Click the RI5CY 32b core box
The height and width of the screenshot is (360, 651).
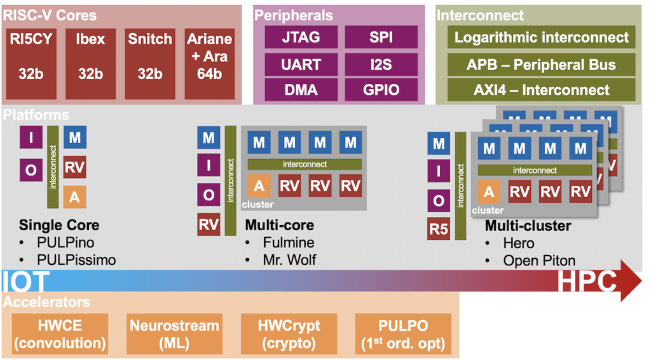click(x=31, y=64)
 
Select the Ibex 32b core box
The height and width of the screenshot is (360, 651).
click(x=90, y=64)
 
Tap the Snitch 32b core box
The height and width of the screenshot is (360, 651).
click(x=150, y=64)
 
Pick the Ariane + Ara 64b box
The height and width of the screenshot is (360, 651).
click(x=210, y=64)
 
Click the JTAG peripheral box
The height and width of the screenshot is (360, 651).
click(x=301, y=37)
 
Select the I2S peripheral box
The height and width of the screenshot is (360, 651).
click(x=381, y=64)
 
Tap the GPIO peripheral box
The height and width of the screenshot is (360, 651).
click(x=381, y=90)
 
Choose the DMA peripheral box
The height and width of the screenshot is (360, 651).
click(x=301, y=90)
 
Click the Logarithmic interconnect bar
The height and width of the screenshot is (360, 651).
click(x=542, y=37)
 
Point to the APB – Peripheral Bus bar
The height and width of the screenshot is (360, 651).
click(x=542, y=64)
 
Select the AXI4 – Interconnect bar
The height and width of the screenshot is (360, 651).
click(x=542, y=90)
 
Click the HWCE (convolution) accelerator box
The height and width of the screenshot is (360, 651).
click(x=60, y=334)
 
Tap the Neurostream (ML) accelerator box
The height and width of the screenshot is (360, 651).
click(x=174, y=334)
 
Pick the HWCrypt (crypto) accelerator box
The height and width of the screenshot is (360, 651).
click(x=289, y=334)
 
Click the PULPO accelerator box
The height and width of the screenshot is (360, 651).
click(x=403, y=334)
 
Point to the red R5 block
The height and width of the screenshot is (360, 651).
click(x=439, y=229)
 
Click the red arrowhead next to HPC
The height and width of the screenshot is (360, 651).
click(x=631, y=280)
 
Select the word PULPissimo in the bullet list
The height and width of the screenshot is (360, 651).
click(x=76, y=260)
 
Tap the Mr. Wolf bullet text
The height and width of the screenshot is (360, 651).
click(x=289, y=260)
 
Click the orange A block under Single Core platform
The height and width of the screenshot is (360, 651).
click(x=75, y=197)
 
